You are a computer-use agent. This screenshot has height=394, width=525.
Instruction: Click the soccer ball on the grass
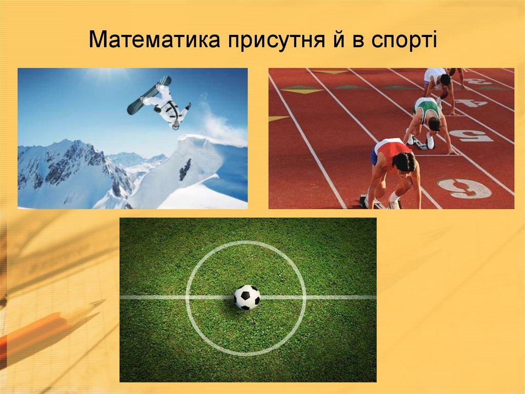coord(247,297)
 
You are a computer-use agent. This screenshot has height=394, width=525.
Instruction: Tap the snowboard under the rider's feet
coord(149,95)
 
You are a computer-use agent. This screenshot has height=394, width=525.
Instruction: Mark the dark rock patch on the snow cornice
coord(185,169)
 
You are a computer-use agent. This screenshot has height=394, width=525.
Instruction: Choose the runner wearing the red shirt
coord(394,164)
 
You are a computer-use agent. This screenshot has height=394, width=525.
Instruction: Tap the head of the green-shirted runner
coord(434,124)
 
